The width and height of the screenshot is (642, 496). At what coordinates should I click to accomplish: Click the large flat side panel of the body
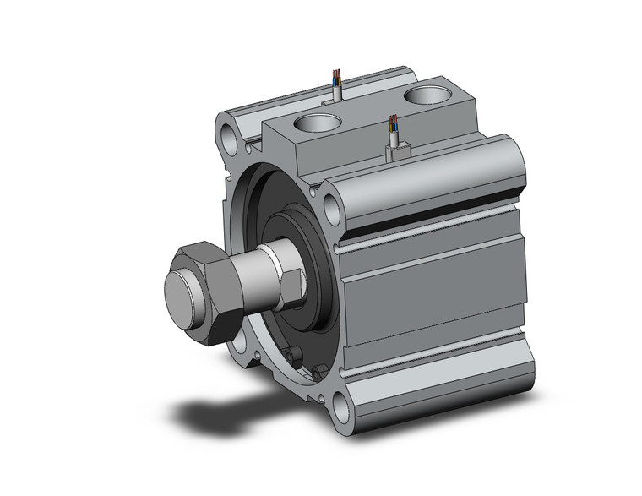click(x=439, y=304)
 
